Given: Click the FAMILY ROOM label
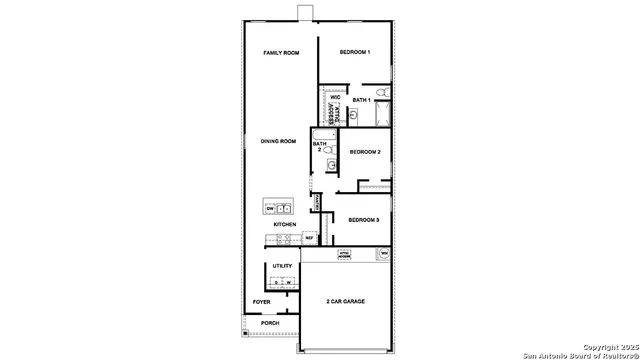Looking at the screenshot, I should tap(281, 52).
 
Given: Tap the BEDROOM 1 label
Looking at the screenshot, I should tap(354, 52).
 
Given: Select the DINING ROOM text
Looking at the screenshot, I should tap(278, 141).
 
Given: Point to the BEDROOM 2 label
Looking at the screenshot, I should tap(364, 152).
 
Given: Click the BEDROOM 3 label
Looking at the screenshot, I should tap(363, 219).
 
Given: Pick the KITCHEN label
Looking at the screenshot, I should tap(285, 224).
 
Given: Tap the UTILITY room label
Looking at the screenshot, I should tap(282, 266).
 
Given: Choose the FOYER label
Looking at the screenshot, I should tap(262, 301).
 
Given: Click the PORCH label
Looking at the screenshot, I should tap(270, 323).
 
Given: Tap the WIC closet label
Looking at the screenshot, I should tap(335, 97).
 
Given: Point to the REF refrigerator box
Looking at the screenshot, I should tap(309, 238).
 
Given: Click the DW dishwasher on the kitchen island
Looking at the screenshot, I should tap(270, 208).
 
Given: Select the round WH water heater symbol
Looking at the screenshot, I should tap(383, 255).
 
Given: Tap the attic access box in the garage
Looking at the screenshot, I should tap(343, 255).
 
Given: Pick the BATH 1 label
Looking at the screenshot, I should tap(361, 100).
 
